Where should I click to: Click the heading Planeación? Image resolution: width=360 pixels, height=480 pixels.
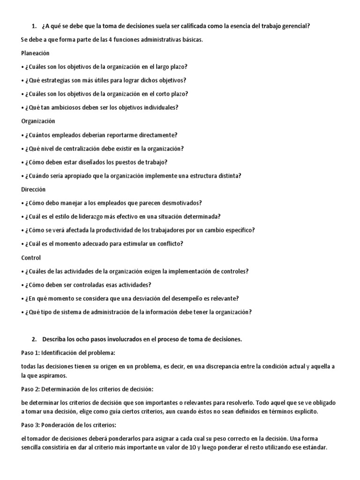36,53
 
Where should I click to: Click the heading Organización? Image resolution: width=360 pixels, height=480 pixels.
38,121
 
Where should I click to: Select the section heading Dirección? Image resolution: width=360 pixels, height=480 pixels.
34,189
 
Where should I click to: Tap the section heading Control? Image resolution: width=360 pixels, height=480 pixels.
31,257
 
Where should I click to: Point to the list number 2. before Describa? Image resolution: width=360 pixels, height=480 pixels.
34,338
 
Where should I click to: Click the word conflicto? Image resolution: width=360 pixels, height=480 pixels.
167,244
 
